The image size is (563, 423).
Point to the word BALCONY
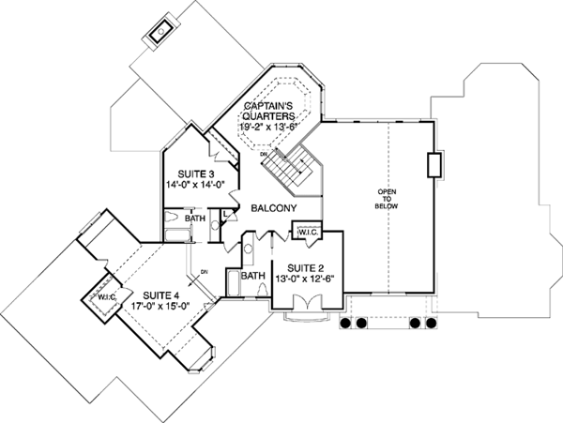click(274, 208)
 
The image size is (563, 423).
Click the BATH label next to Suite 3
click(194, 219)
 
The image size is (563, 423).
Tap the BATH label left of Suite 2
click(251, 277)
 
